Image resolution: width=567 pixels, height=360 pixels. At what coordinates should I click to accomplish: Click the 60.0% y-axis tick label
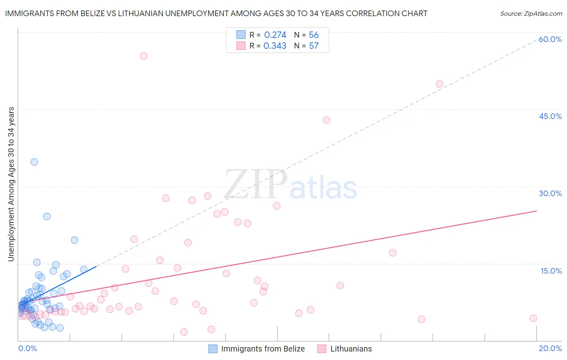tap(550, 39)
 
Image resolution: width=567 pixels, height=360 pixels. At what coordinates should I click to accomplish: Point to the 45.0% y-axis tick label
tap(550, 116)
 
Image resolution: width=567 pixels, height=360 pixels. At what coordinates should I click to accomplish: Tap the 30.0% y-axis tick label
tap(550, 193)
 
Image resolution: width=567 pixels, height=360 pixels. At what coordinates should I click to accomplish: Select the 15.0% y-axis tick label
tap(551, 271)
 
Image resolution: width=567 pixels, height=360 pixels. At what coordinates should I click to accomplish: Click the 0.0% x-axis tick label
tap(27, 348)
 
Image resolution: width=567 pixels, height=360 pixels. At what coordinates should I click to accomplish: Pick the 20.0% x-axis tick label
tap(550, 348)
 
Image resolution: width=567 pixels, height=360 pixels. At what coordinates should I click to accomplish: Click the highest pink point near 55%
tap(144, 56)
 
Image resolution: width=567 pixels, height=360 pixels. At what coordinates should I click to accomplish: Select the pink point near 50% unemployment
tap(440, 84)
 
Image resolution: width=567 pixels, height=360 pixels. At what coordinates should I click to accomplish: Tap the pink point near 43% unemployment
tap(327, 120)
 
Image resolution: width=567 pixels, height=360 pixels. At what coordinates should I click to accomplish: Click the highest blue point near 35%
tap(34, 162)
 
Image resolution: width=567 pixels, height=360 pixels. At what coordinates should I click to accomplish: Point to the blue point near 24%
tap(47, 216)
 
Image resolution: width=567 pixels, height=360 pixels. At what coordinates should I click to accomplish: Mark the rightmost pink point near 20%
tap(533, 318)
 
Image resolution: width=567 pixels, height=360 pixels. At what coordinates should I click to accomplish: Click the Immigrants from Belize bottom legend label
tap(263, 349)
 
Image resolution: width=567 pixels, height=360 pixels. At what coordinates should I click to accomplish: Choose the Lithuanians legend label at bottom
tap(351, 349)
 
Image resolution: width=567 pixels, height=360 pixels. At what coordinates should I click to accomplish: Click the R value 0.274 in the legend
tap(275, 35)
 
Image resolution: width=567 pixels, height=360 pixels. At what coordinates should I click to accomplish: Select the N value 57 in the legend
tap(314, 46)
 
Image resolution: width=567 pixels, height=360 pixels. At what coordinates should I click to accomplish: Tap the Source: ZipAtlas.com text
tap(531, 14)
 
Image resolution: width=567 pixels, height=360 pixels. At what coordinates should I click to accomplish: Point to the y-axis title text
tap(11, 184)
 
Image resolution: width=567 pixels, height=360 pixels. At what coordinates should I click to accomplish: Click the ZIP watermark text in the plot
tap(256, 184)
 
